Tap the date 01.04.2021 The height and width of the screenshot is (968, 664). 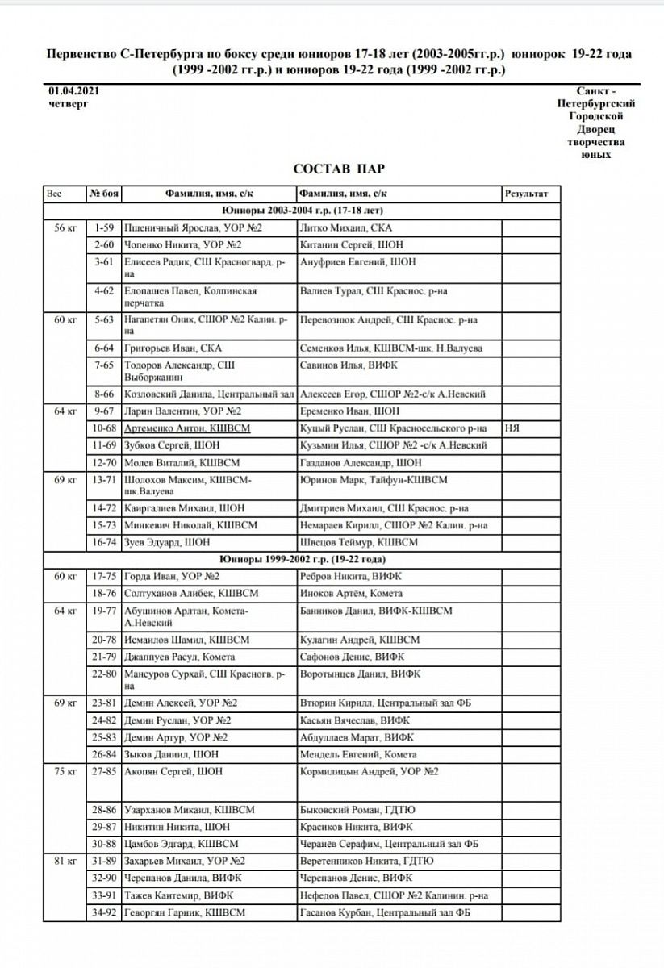point(73,91)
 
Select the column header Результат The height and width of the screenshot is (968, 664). point(526,194)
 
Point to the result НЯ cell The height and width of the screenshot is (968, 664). point(511,428)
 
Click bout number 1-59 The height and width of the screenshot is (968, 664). point(103,228)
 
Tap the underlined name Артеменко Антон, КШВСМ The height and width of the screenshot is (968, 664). point(187,428)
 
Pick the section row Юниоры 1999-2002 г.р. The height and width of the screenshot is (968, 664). point(302,558)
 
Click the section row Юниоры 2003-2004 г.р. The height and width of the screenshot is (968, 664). point(302,210)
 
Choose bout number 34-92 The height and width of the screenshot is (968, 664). point(103,912)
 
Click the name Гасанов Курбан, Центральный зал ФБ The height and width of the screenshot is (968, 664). point(384,912)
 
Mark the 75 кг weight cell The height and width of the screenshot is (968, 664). point(64,771)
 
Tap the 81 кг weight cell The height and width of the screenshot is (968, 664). point(64,861)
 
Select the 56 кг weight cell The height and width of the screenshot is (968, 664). point(64,228)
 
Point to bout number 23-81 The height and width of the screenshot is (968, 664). point(103,703)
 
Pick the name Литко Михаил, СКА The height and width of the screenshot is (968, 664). point(345,228)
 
